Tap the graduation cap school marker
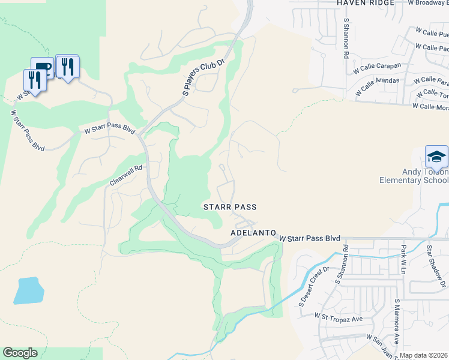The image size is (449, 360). tap(436, 157)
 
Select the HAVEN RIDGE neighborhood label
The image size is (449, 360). tap(365, 3)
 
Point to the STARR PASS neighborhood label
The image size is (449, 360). tap(230, 207)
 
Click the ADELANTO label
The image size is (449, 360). tap(253, 232)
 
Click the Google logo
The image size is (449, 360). tap(20, 353)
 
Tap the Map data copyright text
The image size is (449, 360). tap(424, 355)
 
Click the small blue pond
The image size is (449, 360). tap(29, 290)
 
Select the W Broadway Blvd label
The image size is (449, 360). tap(427, 3)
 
